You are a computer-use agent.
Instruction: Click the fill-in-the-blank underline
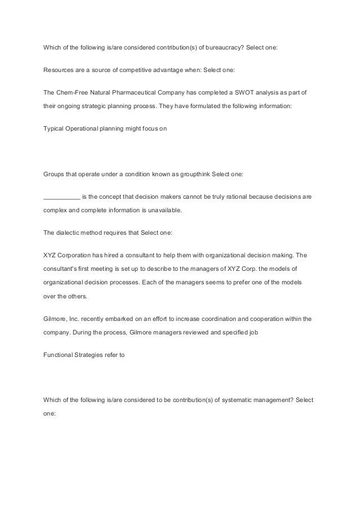click(61, 197)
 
